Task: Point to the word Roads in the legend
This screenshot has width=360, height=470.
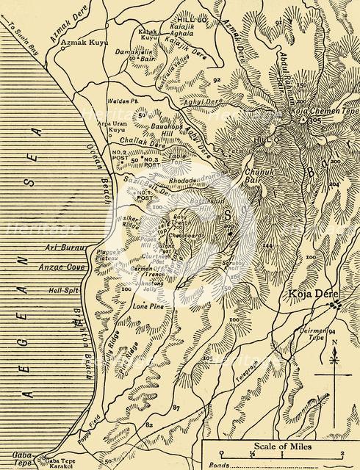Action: click(x=218, y=465)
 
